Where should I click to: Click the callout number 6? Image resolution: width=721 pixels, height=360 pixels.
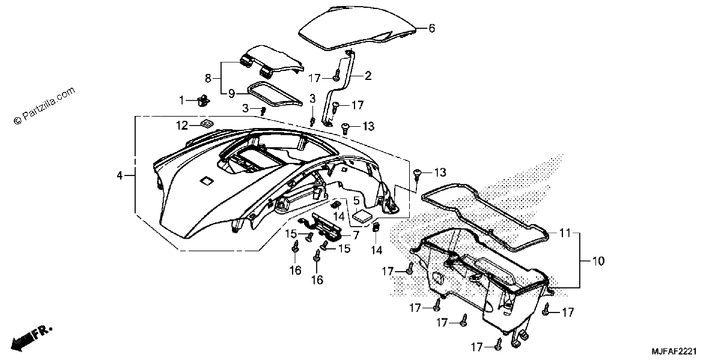431,28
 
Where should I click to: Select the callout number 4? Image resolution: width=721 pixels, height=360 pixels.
120,176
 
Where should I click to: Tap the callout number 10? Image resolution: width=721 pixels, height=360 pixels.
598,261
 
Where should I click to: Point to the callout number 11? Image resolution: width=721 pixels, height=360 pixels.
565,233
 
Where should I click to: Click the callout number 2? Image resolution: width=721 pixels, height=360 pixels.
368,76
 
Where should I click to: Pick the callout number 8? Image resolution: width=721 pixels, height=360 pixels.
208,78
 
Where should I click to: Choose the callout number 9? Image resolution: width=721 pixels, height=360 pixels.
231,94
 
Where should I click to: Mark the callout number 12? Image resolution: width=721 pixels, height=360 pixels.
182,126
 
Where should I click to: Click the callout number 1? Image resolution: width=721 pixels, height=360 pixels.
181,101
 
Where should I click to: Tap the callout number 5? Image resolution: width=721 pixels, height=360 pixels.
356,201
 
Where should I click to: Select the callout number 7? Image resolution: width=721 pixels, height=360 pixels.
356,236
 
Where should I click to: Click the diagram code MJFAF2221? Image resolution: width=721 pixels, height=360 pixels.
674,351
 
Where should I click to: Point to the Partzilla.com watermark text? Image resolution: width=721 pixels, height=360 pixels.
44,106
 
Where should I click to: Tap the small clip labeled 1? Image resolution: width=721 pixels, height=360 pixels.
203,101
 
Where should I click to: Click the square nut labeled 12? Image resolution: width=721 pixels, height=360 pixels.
208,123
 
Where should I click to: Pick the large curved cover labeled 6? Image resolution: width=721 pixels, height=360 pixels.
357,28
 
